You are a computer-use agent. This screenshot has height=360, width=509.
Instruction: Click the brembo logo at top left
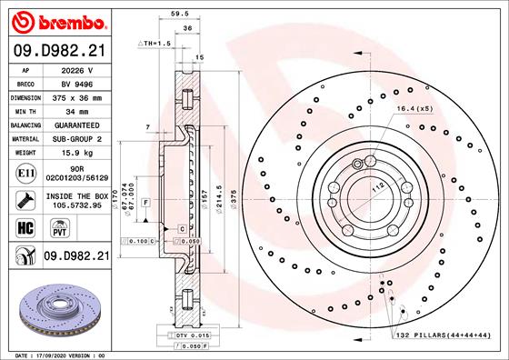pos(56,19)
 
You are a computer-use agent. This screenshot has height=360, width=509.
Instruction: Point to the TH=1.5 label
pos(155,43)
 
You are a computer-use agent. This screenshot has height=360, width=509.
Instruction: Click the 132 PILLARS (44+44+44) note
pos(441,336)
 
